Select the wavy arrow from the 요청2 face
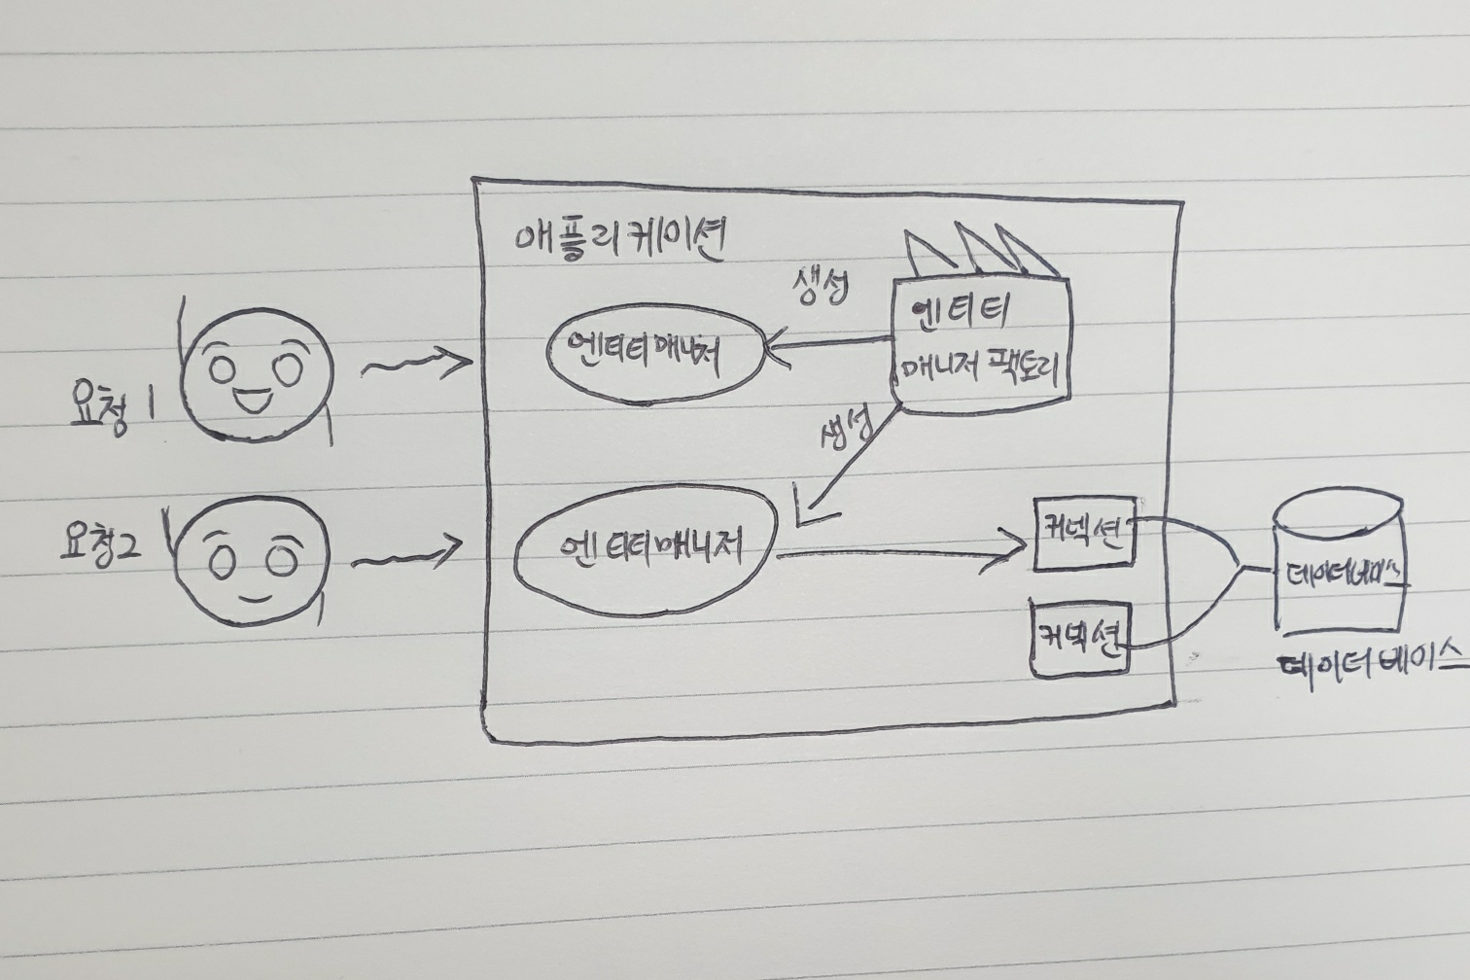click(405, 557)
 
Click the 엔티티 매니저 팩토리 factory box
click(980, 340)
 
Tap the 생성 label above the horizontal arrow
click(819, 288)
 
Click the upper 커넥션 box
click(1083, 533)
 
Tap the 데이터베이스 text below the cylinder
click(1371, 664)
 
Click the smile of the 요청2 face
click(252, 595)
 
